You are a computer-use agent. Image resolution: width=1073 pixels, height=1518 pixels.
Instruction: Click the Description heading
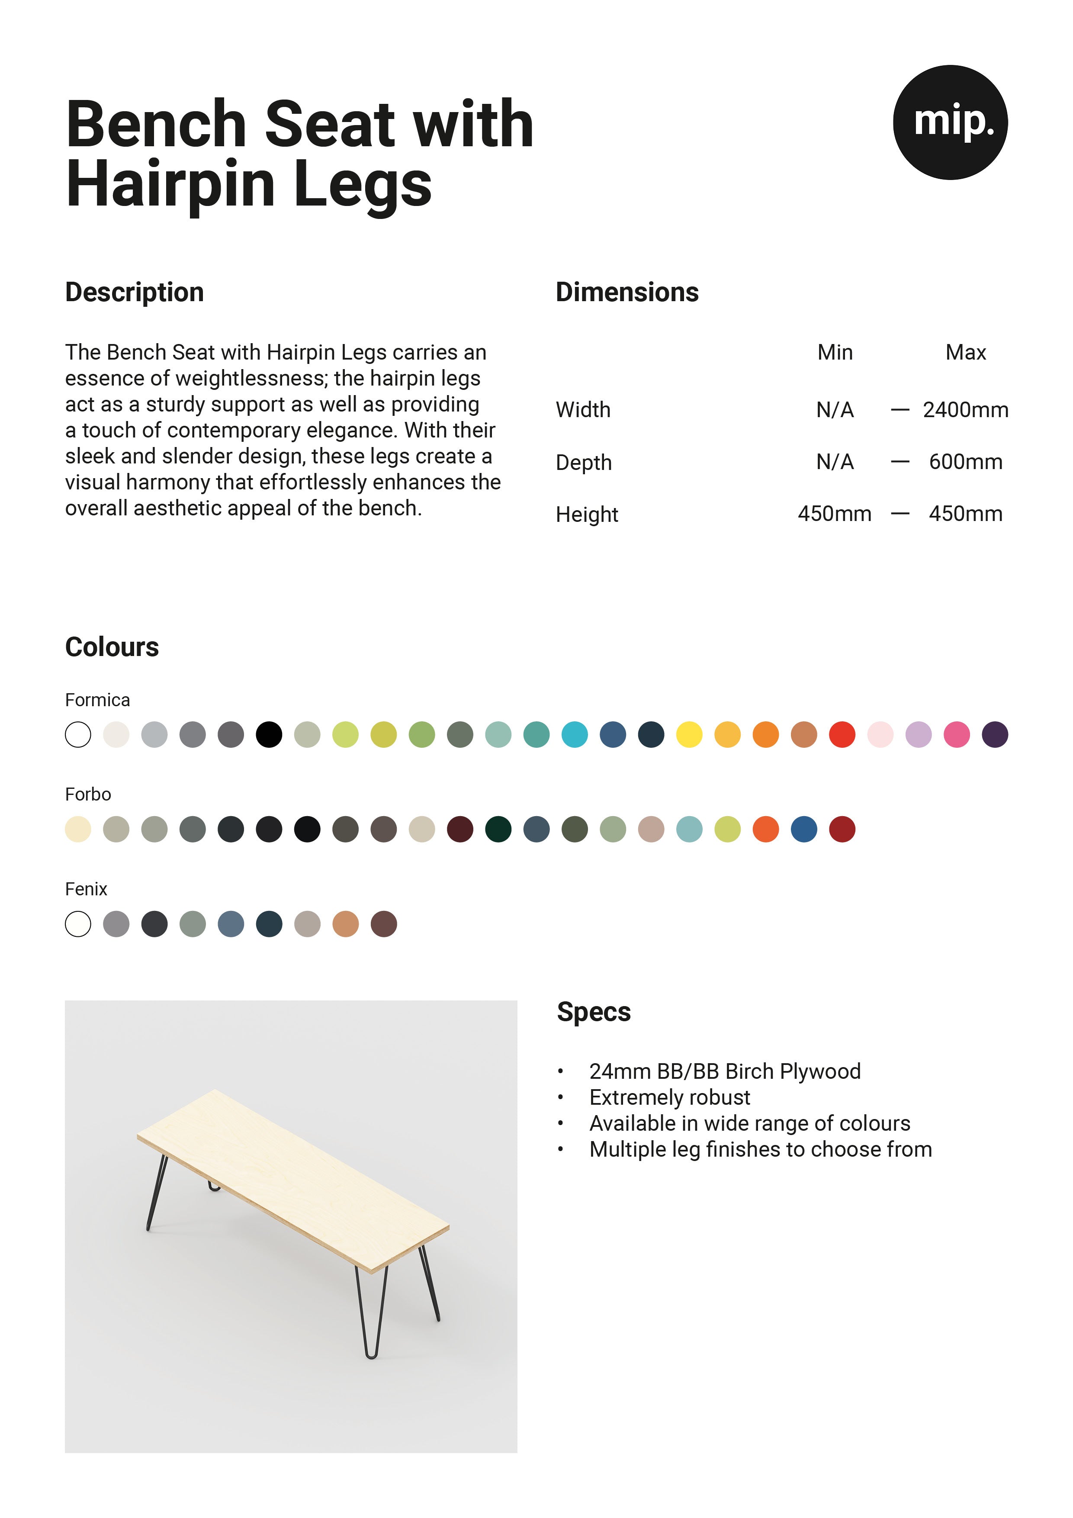point(134,292)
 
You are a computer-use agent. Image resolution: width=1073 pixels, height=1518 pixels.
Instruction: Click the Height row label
point(586,515)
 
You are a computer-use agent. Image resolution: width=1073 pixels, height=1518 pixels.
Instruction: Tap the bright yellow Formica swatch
point(689,734)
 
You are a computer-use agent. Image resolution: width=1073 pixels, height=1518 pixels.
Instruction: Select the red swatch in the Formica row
point(842,734)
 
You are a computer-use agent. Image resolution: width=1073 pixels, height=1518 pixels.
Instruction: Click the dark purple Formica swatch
point(994,734)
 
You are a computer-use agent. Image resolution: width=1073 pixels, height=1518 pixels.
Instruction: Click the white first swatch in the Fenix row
point(78,923)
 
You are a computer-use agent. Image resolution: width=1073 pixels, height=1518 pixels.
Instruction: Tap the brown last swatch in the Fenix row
point(383,923)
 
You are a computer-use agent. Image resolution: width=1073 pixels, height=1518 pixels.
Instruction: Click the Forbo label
point(88,794)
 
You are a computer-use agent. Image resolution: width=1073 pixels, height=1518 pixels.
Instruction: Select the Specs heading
point(593,1012)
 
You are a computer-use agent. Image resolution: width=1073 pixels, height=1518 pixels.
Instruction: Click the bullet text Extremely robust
point(669,1097)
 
